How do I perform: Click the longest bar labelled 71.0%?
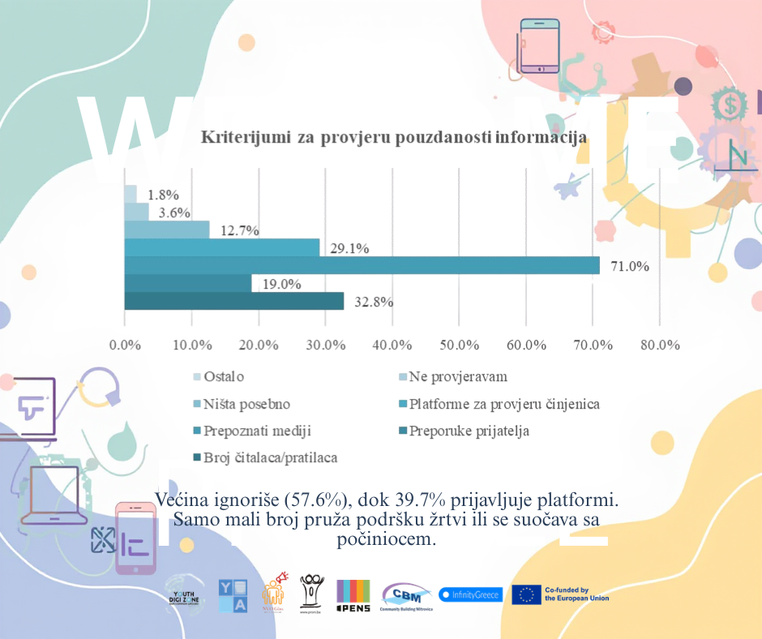[362, 265]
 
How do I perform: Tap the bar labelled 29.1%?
[221, 247]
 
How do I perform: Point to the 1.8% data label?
[163, 195]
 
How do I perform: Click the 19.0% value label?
[281, 284]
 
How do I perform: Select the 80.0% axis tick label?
[659, 345]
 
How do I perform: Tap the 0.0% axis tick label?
[125, 345]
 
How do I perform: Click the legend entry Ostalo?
[224, 377]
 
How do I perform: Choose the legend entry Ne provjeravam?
[458, 377]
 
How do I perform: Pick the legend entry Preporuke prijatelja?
[469, 431]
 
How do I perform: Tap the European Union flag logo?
[526, 594]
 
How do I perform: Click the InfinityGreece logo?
[471, 594]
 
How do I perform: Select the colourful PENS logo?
[353, 594]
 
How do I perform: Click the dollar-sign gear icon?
[731, 104]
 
